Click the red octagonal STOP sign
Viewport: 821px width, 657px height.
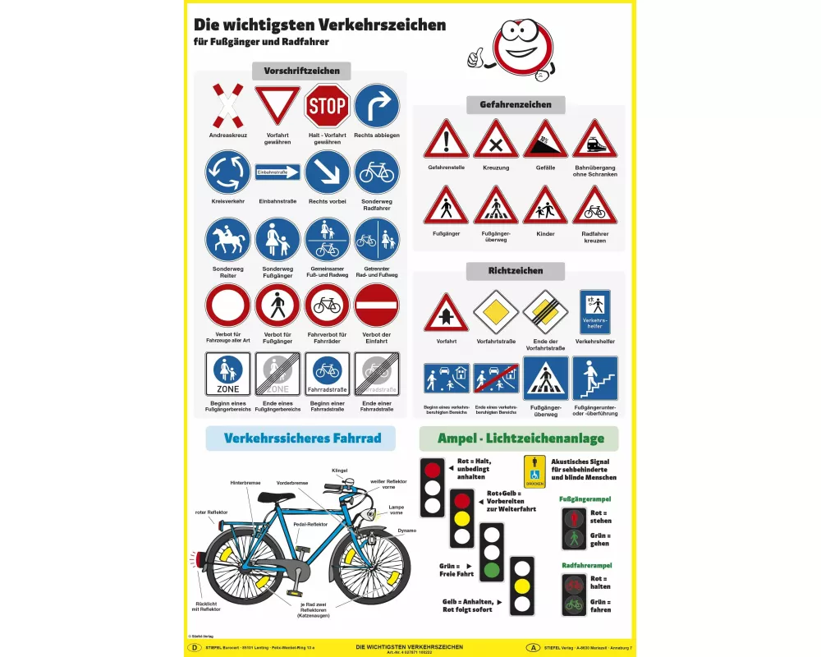pyautogui.click(x=327, y=106)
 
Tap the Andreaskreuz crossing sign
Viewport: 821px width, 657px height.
pyautogui.click(x=228, y=106)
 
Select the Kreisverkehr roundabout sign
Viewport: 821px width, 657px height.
pyautogui.click(x=228, y=172)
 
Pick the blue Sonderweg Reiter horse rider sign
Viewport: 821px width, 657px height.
pyautogui.click(x=228, y=239)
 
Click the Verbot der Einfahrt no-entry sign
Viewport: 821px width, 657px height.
pyautogui.click(x=377, y=306)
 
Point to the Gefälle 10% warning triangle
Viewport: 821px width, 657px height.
pyautogui.click(x=545, y=140)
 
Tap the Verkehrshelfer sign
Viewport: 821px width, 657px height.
pyautogui.click(x=594, y=311)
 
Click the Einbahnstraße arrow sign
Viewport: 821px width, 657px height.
pyautogui.click(x=277, y=172)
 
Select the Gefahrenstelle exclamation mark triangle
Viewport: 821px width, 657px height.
pyautogui.click(x=446, y=140)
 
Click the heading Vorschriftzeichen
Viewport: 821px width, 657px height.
pyautogui.click(x=301, y=71)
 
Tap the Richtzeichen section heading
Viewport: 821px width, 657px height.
pyautogui.click(x=515, y=271)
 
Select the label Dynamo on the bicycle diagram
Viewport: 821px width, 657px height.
pyautogui.click(x=406, y=531)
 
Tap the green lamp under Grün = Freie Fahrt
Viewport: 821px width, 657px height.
pyautogui.click(x=492, y=568)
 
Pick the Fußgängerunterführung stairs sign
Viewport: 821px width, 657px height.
pyautogui.click(x=594, y=378)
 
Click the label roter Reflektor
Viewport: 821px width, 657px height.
pyautogui.click(x=212, y=512)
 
